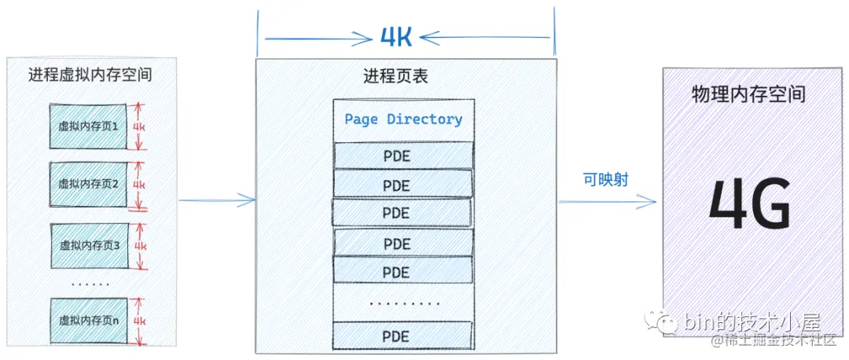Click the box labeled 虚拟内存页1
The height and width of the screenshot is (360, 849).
tap(88, 125)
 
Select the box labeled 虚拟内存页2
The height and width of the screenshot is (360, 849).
tap(88, 184)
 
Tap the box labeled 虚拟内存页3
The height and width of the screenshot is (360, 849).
tap(88, 245)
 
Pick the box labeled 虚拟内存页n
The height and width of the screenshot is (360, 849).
tap(88, 320)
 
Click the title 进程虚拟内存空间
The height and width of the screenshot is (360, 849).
tap(90, 75)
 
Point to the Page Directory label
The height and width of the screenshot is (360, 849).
tap(403, 119)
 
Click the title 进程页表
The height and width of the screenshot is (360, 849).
tap(395, 76)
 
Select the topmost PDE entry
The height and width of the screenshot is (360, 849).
tap(403, 155)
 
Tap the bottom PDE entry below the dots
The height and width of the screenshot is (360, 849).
tap(403, 335)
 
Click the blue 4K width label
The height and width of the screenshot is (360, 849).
tap(396, 37)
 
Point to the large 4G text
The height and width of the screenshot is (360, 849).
tap(749, 204)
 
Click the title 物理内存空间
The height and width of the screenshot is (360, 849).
tap(748, 94)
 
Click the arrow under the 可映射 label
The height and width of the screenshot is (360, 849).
tap(607, 202)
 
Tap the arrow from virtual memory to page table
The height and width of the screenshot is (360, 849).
tap(217, 200)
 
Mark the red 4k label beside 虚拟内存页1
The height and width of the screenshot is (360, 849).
tap(139, 125)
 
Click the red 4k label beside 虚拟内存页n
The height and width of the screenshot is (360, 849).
tap(139, 321)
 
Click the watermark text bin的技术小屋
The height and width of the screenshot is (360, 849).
tap(752, 322)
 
